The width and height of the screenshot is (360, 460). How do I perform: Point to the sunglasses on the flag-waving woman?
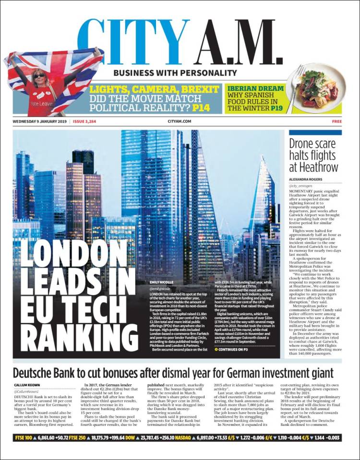click(x=39, y=76)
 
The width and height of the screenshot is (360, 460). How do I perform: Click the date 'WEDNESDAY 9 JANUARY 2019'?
click(x=40, y=122)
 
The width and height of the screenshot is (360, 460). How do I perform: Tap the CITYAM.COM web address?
click(x=180, y=122)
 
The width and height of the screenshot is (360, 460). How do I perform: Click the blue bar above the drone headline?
click(x=315, y=132)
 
